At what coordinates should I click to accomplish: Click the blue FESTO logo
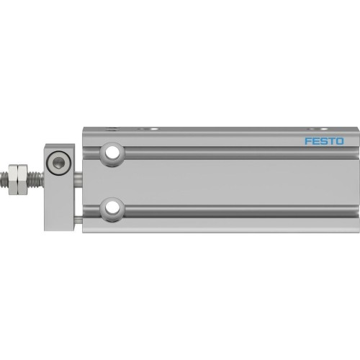(x=324, y=141)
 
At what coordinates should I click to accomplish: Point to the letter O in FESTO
(x=340, y=141)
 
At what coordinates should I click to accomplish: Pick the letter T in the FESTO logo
(x=332, y=141)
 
